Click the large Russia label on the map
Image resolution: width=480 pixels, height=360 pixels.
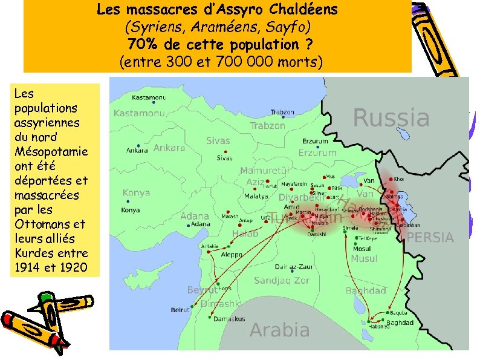coord(391,118)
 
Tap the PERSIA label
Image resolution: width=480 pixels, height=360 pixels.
coord(430,238)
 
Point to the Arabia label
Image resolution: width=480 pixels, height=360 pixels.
coord(279,330)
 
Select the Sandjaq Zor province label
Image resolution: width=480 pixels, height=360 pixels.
coord(281,281)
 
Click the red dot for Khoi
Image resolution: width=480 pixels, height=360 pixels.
coord(391,180)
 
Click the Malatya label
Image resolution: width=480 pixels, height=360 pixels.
coord(256,197)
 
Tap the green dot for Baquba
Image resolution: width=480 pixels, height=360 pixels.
coord(387,313)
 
